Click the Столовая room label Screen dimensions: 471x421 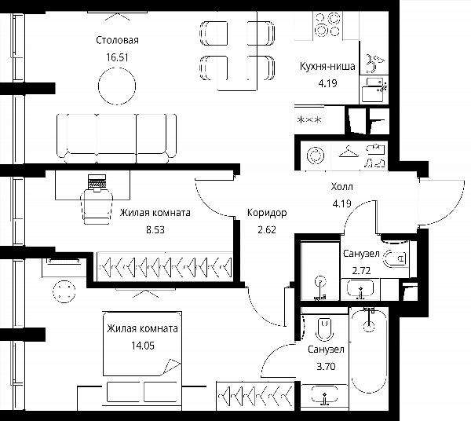click(117, 40)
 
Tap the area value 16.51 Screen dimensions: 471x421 click(117, 57)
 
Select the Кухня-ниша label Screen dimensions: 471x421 click(327, 66)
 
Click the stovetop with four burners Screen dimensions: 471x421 click(327, 24)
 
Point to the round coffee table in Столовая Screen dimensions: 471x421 click(117, 86)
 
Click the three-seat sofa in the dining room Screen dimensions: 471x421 click(116, 138)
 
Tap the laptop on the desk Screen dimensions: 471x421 click(97, 182)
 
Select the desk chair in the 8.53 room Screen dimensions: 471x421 click(97, 207)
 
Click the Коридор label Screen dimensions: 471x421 click(267, 213)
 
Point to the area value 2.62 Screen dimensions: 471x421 click(267, 230)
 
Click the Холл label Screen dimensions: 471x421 click(341, 187)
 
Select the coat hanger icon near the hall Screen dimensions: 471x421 click(349, 152)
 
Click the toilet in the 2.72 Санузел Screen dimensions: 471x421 click(395, 258)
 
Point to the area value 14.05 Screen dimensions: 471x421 click(143, 346)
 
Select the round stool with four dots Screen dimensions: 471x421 click(64, 291)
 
